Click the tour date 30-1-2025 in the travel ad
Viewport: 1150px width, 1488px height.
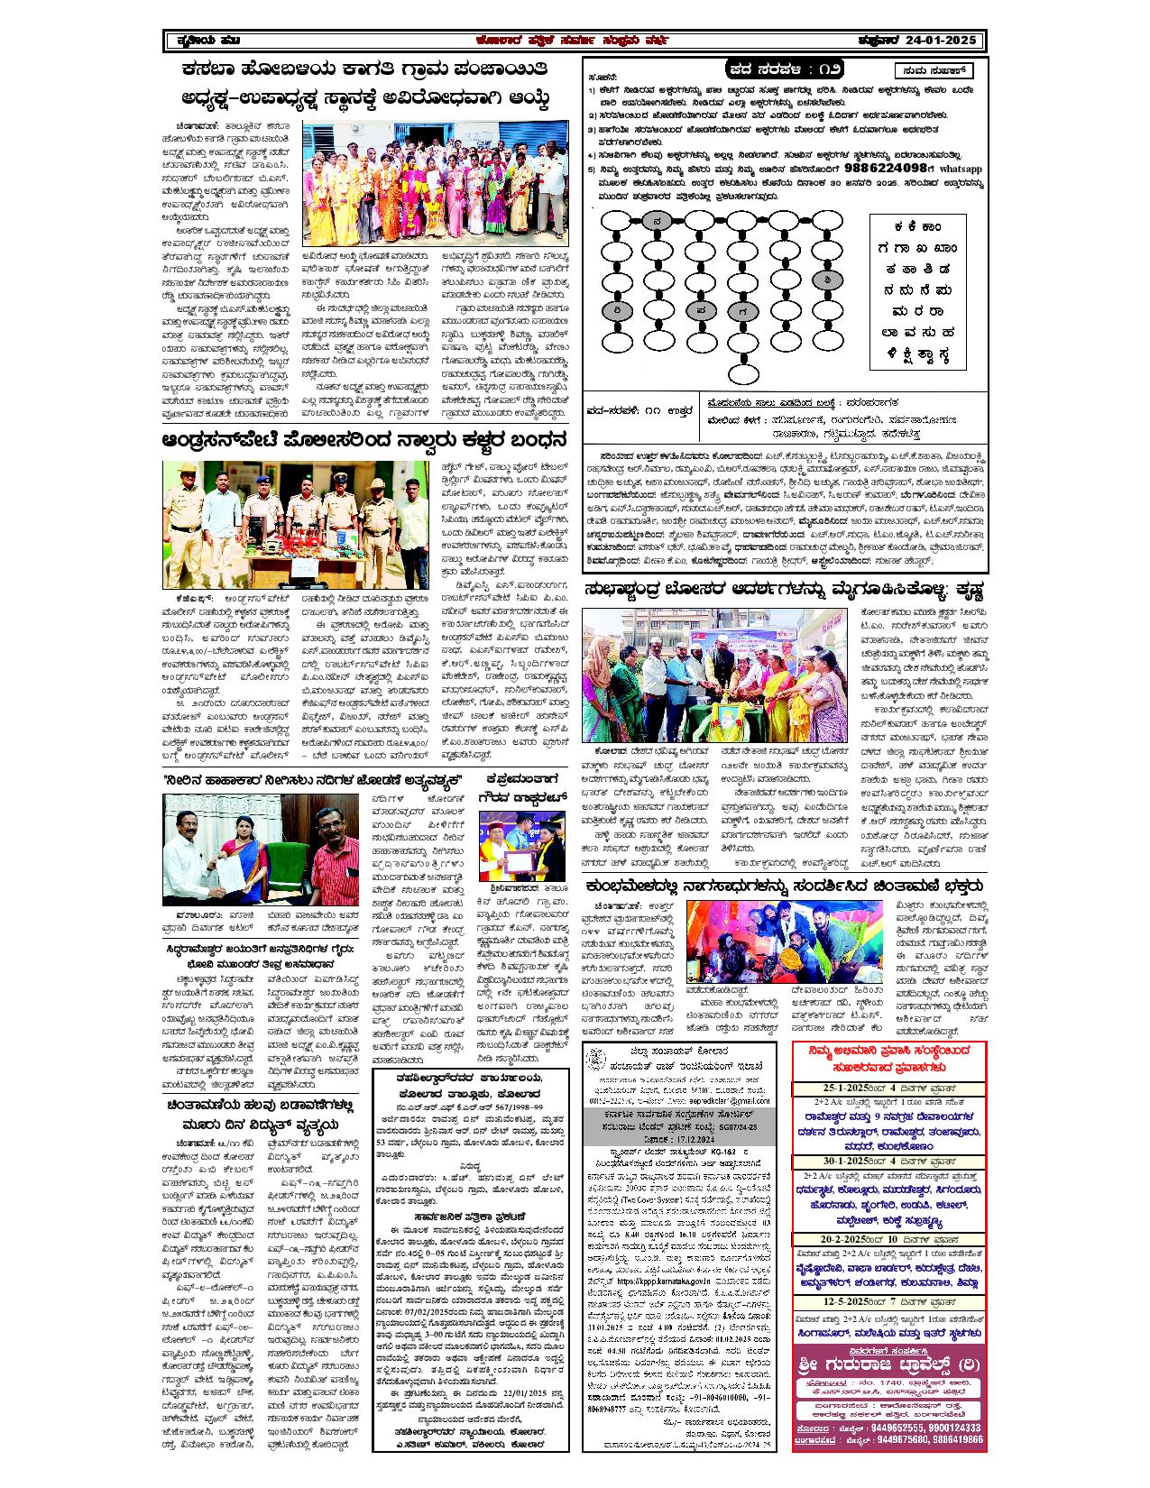click(829, 1162)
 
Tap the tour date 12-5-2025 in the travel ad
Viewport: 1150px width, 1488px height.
click(830, 1303)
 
